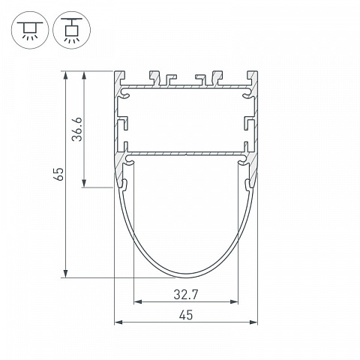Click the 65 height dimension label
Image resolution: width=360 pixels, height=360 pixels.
point(59,174)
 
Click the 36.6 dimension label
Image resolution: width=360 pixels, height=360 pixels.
point(77,129)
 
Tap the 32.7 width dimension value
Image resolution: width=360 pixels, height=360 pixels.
point(186,295)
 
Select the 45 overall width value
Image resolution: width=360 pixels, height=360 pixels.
point(186,315)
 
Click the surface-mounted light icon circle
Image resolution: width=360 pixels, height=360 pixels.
point(30,30)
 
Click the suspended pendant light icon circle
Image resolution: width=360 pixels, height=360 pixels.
point(72,30)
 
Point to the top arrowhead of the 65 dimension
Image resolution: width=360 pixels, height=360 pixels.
point(65,75)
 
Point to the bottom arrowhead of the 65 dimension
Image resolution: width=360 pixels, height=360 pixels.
point(65,274)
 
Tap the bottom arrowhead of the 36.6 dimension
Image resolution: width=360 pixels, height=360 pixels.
point(84,183)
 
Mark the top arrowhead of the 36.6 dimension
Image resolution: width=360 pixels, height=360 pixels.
point(84,75)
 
